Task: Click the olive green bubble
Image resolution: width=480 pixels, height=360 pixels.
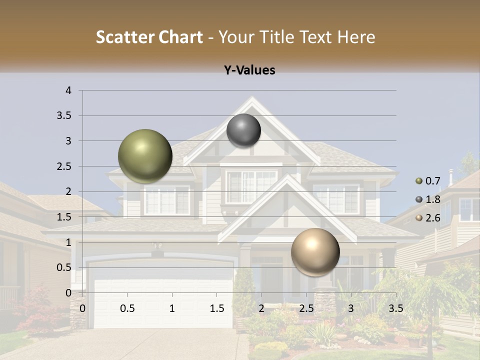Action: [145, 156]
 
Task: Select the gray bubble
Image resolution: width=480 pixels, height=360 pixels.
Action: [243, 130]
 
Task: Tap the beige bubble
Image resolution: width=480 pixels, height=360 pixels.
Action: [315, 252]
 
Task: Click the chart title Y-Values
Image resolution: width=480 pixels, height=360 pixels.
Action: [249, 70]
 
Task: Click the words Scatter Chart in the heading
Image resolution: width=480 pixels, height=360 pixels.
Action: [149, 37]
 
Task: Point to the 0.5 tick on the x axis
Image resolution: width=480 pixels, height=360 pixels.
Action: [127, 308]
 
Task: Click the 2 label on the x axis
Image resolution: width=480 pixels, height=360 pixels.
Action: [261, 308]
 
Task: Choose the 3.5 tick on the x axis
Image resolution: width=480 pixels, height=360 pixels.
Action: [395, 308]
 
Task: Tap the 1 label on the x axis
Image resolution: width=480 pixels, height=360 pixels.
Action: [172, 308]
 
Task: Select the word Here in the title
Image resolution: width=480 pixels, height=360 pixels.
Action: [355, 37]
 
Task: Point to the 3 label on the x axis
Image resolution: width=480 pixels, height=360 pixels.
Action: [351, 308]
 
